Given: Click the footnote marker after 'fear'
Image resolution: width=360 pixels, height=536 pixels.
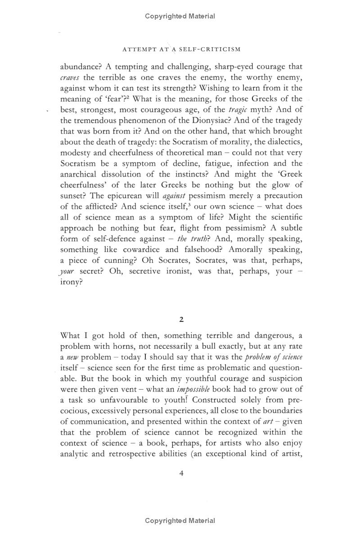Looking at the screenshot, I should [x=131, y=97].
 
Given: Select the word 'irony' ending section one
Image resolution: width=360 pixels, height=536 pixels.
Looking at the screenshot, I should [x=71, y=282].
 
